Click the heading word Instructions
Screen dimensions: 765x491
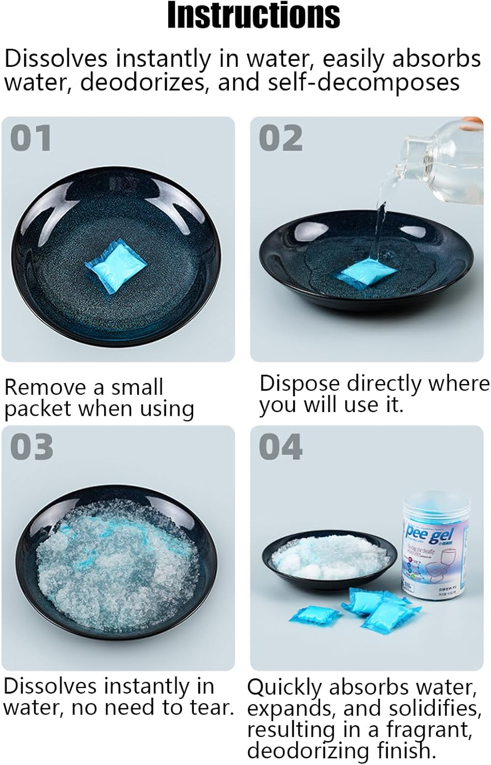(x=253, y=15)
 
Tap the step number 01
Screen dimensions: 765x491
(x=31, y=138)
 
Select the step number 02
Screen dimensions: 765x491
(x=280, y=138)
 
